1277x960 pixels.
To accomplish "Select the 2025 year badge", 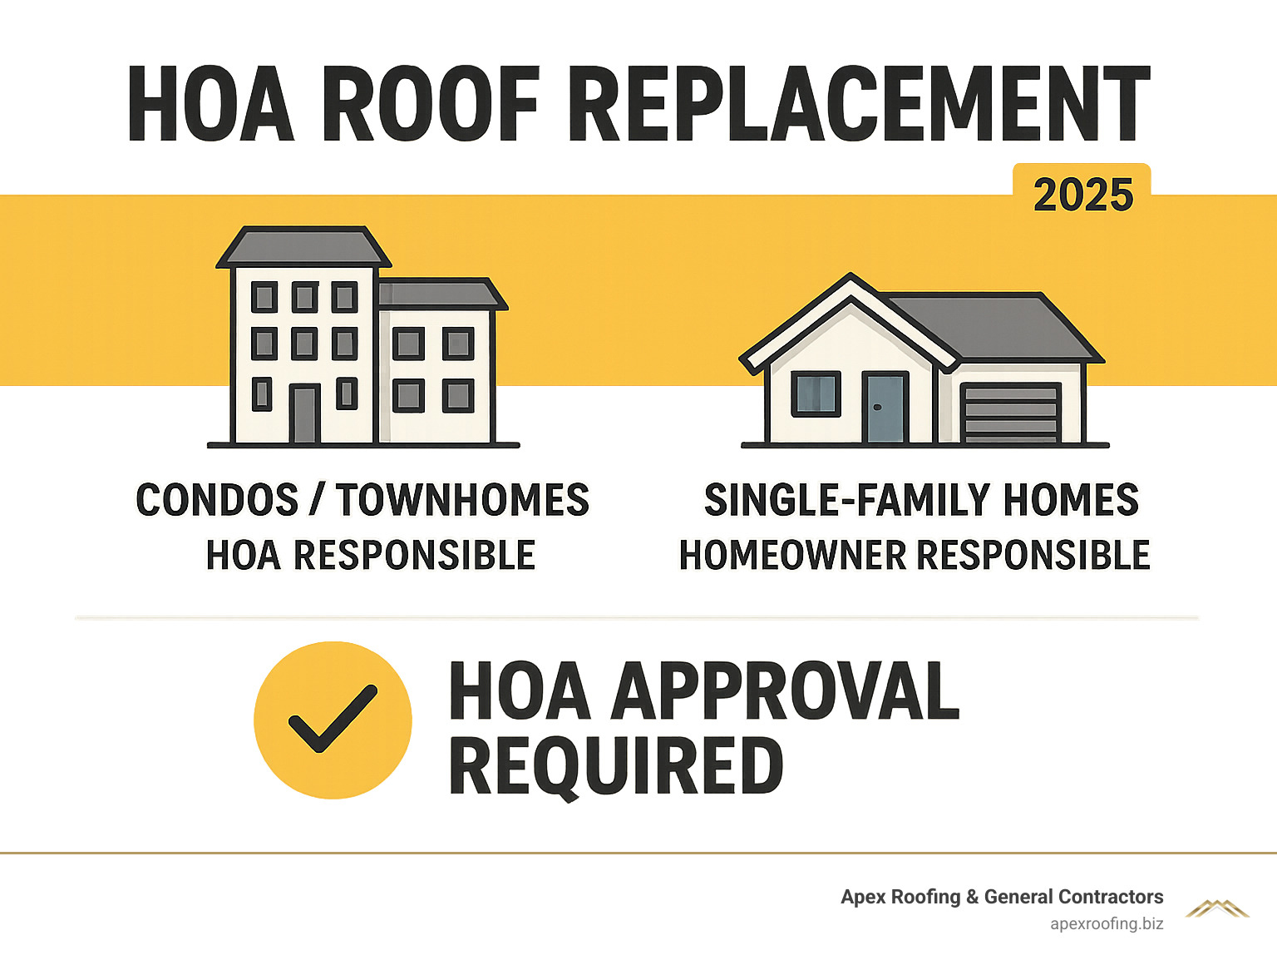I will pyautogui.click(x=1082, y=195).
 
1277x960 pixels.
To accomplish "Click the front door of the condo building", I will pyautogui.click(x=303, y=413).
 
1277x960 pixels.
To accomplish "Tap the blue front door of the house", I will pyautogui.click(x=884, y=408).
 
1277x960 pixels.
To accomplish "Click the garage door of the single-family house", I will pyautogui.click(x=1009, y=413).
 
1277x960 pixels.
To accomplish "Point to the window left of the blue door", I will pyautogui.click(x=816, y=393).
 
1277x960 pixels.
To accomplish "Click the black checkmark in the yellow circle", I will pyautogui.click(x=332, y=719).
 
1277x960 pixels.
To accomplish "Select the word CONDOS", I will pyautogui.click(x=216, y=500).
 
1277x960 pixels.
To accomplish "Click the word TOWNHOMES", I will pyautogui.click(x=462, y=500).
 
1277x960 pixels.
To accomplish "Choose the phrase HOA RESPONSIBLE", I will pyautogui.click(x=370, y=556).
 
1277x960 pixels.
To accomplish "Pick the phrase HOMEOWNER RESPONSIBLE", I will pyautogui.click(x=915, y=556).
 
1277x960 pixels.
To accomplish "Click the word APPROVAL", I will pyautogui.click(x=786, y=691).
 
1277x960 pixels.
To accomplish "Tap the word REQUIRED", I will pyautogui.click(x=616, y=765).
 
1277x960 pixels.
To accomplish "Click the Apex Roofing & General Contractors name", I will pyautogui.click(x=1001, y=897).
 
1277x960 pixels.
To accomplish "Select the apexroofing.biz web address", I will pyautogui.click(x=1106, y=923).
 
